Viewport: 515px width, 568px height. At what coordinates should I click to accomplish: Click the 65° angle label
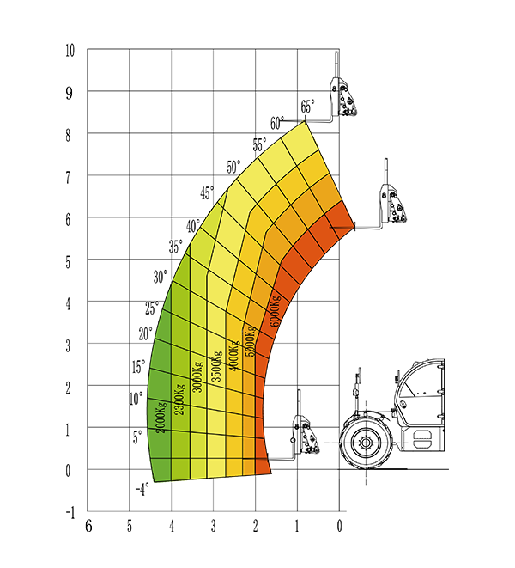coord(307,107)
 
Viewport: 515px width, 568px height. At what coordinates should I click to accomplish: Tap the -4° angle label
coord(142,490)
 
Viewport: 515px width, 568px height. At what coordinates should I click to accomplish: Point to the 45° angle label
coord(207,192)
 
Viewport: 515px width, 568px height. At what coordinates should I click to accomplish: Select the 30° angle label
coord(160,277)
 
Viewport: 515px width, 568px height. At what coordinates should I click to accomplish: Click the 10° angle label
coord(136,399)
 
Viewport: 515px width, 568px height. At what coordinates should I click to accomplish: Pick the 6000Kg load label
coord(275,311)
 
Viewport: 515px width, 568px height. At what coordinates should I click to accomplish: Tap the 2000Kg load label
coord(161,418)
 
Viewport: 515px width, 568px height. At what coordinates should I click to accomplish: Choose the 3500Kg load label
coord(216,366)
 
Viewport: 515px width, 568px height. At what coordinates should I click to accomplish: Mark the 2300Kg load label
coord(179,400)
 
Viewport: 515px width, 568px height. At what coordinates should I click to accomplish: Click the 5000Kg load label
coord(251,341)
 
